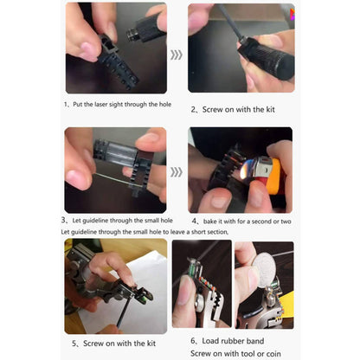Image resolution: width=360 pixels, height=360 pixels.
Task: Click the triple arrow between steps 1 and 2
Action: pos(177,55)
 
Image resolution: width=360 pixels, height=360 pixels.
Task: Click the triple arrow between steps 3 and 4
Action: pos(177,170)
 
